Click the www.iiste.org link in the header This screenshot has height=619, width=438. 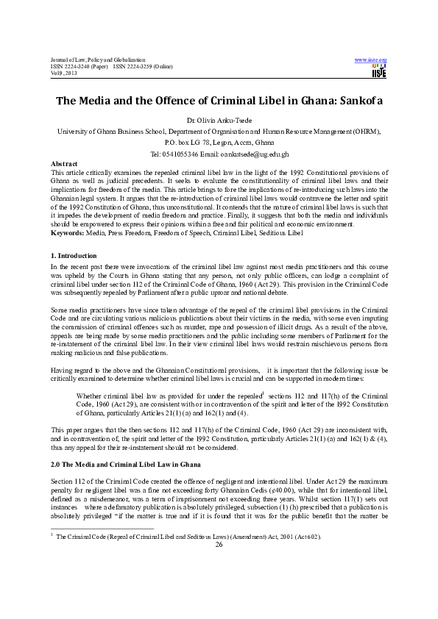pyautogui.click(x=371, y=59)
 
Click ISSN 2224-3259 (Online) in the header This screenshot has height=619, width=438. pyautogui.click(x=142, y=66)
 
